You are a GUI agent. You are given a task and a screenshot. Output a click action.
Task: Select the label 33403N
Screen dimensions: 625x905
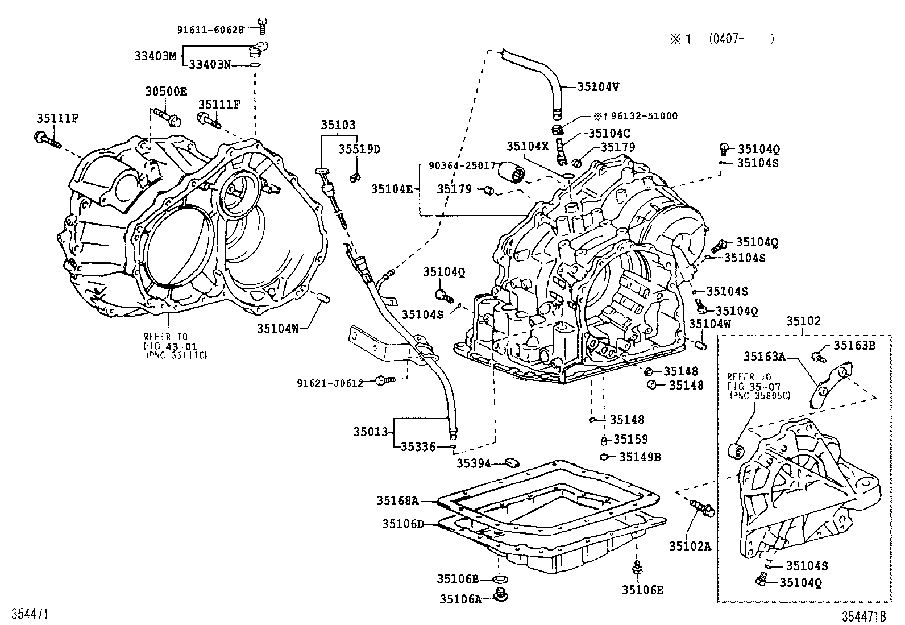(x=210, y=65)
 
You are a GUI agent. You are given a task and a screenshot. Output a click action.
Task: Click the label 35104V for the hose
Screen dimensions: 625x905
(x=597, y=86)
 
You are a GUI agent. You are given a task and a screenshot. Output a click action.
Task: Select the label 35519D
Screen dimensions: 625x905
(x=359, y=149)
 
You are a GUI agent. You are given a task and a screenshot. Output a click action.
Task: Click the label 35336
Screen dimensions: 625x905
(x=418, y=447)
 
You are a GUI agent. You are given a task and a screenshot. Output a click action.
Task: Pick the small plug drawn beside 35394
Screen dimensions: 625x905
(x=512, y=461)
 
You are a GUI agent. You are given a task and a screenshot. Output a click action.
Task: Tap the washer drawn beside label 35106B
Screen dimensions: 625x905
(x=501, y=579)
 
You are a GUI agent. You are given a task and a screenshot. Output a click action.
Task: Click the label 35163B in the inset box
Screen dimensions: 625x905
(x=854, y=345)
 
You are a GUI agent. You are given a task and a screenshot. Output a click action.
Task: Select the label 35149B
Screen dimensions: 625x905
(x=640, y=457)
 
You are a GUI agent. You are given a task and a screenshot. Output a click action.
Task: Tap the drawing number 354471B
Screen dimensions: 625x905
(x=865, y=616)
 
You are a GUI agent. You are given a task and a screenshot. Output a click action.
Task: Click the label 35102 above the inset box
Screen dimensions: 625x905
(x=803, y=321)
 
